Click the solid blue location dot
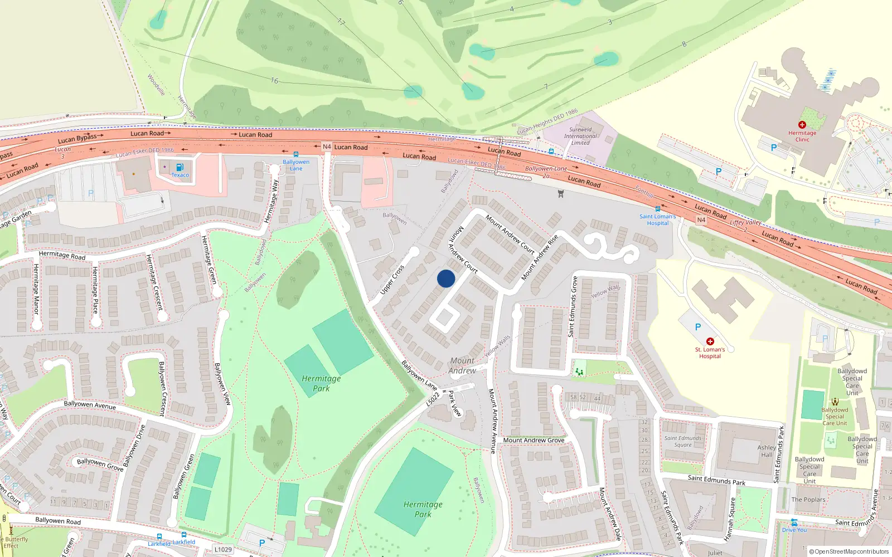(446, 278)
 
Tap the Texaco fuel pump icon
(180, 167)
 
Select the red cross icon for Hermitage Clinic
(802, 125)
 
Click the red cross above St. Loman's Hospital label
(710, 341)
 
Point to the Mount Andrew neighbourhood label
(462, 365)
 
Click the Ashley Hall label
(767, 451)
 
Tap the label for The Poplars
(808, 500)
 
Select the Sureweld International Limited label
(580, 136)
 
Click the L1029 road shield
(223, 549)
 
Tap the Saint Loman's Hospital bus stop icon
(658, 209)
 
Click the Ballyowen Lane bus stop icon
(295, 154)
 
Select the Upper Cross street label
(392, 280)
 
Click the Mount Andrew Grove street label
(534, 440)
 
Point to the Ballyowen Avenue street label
(90, 405)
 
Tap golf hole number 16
(274, 81)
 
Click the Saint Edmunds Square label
(682, 441)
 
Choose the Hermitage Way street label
(271, 202)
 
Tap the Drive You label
(794, 530)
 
